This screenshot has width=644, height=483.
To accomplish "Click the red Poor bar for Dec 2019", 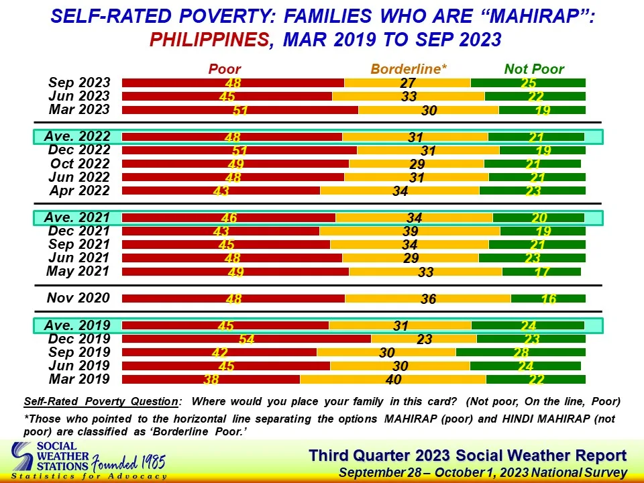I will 246,339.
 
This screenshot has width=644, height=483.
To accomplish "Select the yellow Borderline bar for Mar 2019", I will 392,379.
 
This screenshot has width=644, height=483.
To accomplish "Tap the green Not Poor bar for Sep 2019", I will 521,352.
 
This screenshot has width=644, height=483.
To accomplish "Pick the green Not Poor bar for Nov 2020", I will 548,299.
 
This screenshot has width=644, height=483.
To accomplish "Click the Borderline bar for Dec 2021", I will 409,231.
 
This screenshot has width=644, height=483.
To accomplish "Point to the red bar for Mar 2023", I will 239,110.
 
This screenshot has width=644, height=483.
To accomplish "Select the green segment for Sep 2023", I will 528,83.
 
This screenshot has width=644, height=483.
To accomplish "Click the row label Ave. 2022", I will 77,137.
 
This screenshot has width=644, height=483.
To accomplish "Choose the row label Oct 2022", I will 80,164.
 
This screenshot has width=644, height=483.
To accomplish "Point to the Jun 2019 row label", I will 78,366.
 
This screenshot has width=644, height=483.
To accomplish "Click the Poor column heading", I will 225,68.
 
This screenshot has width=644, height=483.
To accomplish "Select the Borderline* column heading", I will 409,68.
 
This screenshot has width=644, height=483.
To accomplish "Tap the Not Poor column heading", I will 534,68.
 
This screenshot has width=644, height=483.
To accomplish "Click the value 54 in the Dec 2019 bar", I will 246,339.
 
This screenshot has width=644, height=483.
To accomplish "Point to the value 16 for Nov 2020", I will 549,299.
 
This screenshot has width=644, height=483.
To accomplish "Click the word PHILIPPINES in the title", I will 209,40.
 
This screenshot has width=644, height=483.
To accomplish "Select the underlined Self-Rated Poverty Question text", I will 101,402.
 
